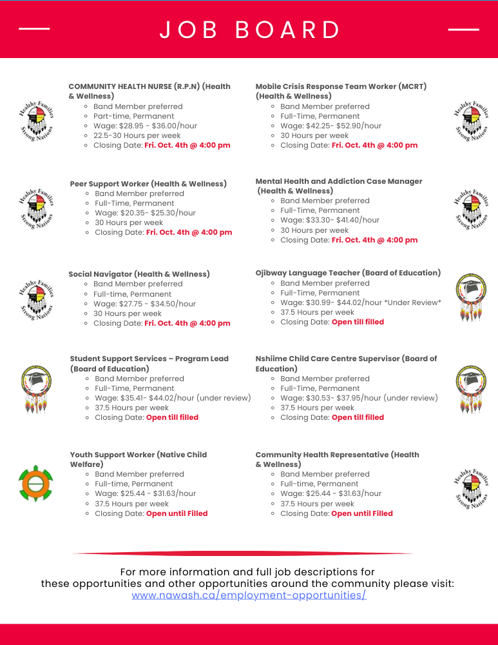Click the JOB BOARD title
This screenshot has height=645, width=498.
pyautogui.click(x=250, y=30)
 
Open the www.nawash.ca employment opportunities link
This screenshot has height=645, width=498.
pyautogui.click(x=249, y=595)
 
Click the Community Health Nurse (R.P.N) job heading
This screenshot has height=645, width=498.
pyautogui.click(x=149, y=91)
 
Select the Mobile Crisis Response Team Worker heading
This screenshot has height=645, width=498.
pyautogui.click(x=341, y=91)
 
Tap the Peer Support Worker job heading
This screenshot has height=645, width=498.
pyautogui.click(x=148, y=184)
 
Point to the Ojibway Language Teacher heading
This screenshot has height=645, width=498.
pyautogui.click(x=348, y=273)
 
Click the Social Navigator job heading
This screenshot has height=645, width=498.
pyautogui.click(x=139, y=274)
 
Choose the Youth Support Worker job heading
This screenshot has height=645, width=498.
pyautogui.click(x=138, y=459)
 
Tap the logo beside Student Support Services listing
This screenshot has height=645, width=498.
pyautogui.click(x=35, y=388)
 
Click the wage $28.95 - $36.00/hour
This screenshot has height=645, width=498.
pyautogui.click(x=145, y=126)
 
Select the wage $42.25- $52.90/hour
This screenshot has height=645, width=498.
pyautogui.click(x=330, y=126)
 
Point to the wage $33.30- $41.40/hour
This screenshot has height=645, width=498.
pyautogui.click(x=330, y=220)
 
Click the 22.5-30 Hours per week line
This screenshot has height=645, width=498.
pyautogui.click(x=137, y=135)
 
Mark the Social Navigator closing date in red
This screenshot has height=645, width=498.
pyautogui.click(x=187, y=323)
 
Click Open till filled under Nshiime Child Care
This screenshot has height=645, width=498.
pyautogui.click(x=358, y=417)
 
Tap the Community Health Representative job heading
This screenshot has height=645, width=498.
pyautogui.click(x=337, y=459)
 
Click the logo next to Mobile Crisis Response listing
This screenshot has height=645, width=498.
pyautogui.click(x=471, y=120)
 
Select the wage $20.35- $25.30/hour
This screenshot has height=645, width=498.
pyautogui.click(x=145, y=213)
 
